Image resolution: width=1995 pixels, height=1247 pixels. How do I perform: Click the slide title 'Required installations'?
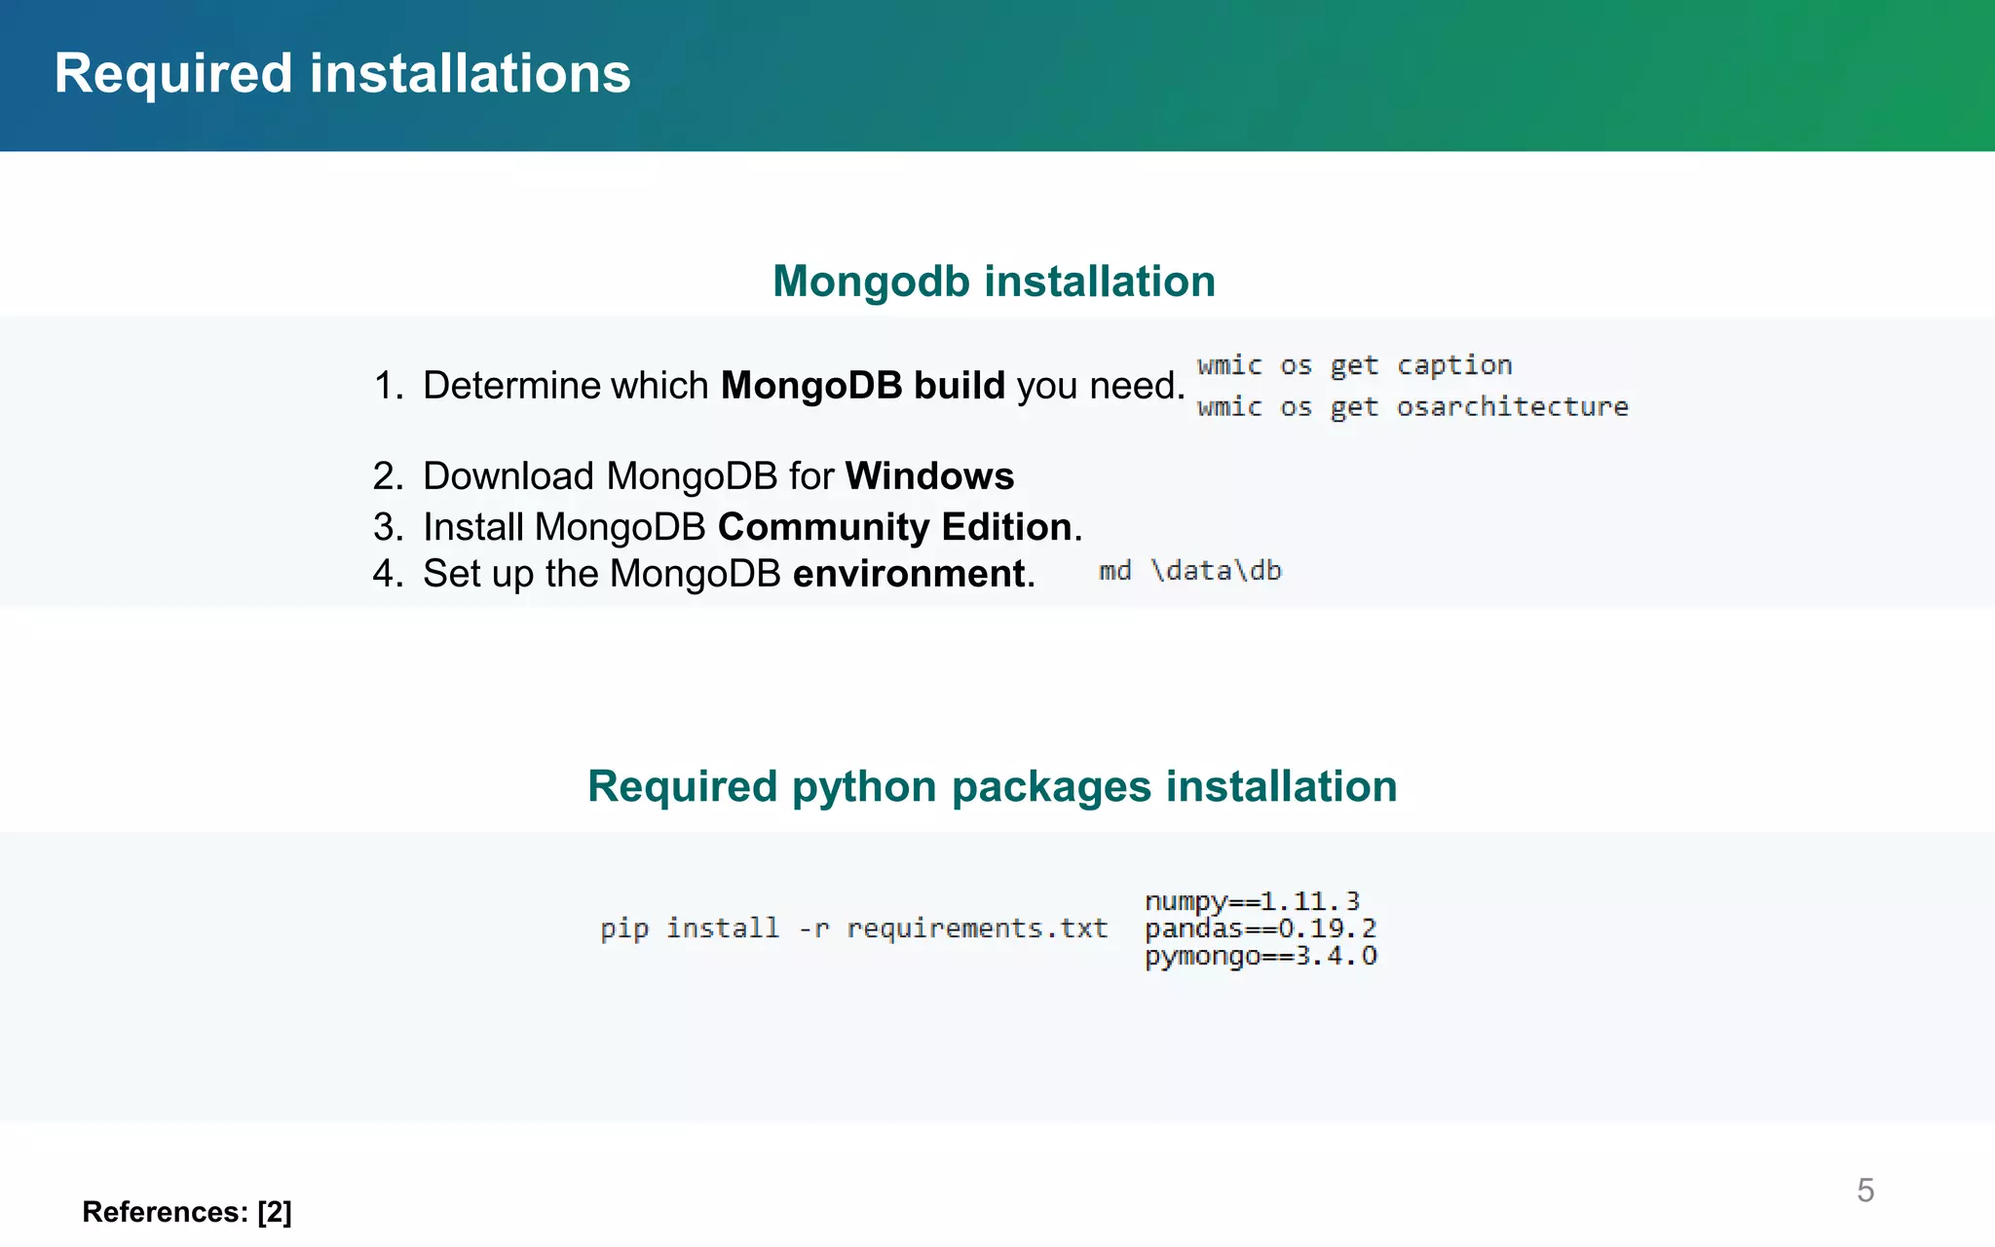pyautogui.click(x=342, y=74)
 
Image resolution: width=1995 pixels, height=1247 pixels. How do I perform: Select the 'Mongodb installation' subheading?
pyautogui.click(x=994, y=282)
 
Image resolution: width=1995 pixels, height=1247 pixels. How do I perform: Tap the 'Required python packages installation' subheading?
pyautogui.click(x=992, y=786)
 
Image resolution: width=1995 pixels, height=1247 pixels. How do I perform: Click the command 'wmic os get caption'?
pyautogui.click(x=1354, y=366)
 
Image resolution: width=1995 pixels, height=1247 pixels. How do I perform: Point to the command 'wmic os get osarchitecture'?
pyautogui.click(x=1412, y=407)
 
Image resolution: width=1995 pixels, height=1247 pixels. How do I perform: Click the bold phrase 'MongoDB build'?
pyautogui.click(x=862, y=386)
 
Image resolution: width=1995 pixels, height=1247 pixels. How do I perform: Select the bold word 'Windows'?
pyautogui.click(x=929, y=476)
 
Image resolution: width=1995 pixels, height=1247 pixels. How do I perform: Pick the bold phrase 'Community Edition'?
pyautogui.click(x=894, y=527)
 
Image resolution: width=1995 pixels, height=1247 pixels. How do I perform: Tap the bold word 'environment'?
pyautogui.click(x=909, y=574)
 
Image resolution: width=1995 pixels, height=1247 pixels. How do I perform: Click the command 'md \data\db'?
pyautogui.click(x=1189, y=571)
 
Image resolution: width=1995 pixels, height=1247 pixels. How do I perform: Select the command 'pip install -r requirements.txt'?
pyautogui.click(x=853, y=928)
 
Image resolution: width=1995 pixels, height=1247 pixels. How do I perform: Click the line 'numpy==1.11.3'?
pyautogui.click(x=1252, y=901)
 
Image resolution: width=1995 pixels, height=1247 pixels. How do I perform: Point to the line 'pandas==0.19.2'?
pyautogui.click(x=1260, y=928)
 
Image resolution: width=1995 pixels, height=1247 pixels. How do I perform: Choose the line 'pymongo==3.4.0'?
pyautogui.click(x=1261, y=956)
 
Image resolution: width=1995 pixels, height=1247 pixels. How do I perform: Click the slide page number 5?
pyautogui.click(x=1864, y=1190)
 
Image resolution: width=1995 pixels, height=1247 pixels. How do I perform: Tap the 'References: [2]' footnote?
pyautogui.click(x=187, y=1212)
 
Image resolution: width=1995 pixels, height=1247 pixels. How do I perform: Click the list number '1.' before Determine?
pyautogui.click(x=389, y=386)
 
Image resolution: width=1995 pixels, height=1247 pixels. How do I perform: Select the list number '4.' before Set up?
pyautogui.click(x=388, y=574)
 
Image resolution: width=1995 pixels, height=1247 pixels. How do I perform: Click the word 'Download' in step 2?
pyautogui.click(x=508, y=476)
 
